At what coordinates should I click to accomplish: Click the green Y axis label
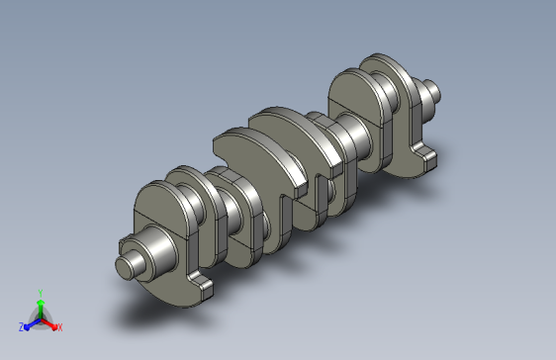[41, 293]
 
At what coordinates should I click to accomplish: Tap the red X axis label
[60, 327]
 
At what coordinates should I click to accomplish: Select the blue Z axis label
[21, 327]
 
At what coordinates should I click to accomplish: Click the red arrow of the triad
[48, 323]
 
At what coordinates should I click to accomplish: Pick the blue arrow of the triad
[33, 324]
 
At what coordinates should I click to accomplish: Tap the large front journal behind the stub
[159, 252]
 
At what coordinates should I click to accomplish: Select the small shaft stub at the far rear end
[430, 91]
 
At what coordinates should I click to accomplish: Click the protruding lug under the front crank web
[202, 284]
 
